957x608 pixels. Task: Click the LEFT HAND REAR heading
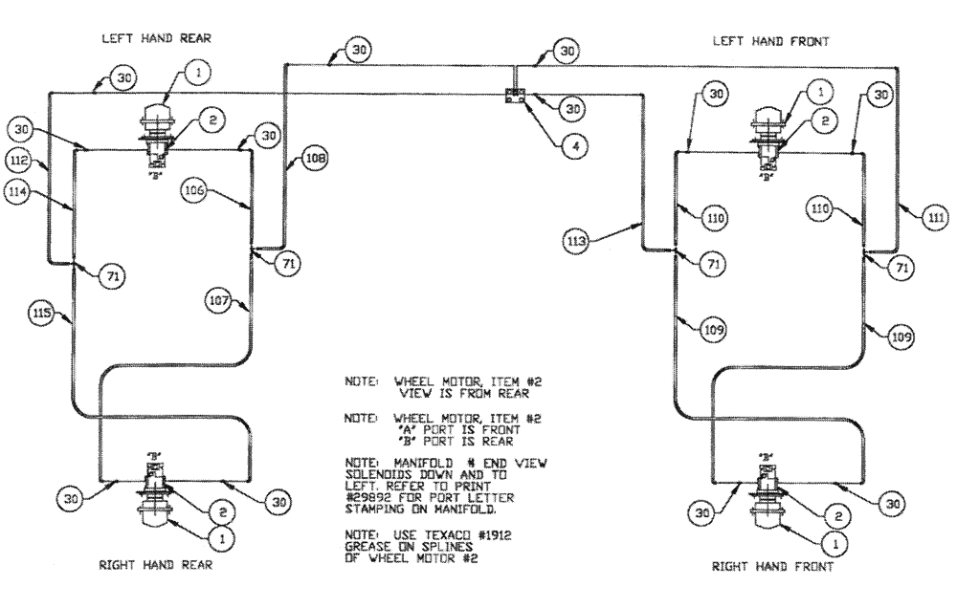click(x=156, y=38)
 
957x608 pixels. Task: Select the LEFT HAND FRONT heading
click(x=770, y=41)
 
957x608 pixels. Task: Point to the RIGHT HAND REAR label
click(x=156, y=565)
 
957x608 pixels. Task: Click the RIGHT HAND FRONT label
click(x=772, y=566)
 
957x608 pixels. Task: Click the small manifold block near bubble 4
click(x=516, y=96)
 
